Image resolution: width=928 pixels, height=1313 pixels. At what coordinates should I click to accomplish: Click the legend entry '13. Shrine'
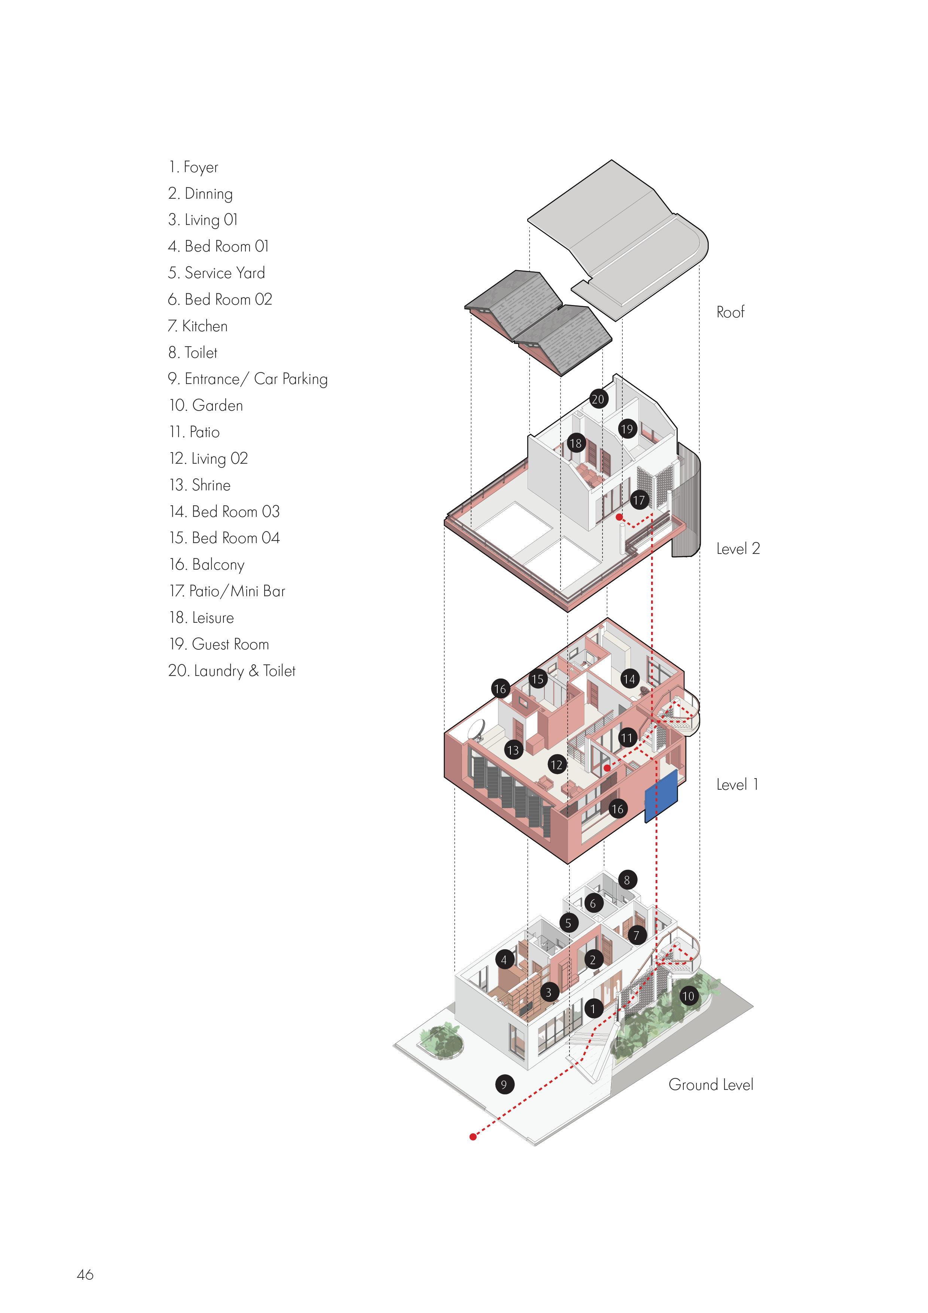pos(199,485)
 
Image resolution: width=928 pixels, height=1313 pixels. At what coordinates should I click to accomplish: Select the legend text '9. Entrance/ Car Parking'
pos(248,379)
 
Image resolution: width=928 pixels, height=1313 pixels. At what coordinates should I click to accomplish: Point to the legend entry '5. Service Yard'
pos(216,273)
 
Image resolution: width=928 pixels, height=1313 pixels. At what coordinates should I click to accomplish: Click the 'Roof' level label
pos(730,312)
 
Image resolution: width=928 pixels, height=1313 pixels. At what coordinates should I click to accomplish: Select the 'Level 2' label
pos(738,549)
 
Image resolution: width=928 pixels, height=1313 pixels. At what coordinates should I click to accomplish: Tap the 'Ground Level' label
pos(711,1085)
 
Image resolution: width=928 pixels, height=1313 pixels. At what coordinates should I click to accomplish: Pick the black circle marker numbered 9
pos(504,1084)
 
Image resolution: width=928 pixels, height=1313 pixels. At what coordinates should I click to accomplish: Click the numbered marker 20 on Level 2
pos(598,399)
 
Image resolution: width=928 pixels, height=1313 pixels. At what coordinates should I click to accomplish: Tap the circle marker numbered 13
pos(513,750)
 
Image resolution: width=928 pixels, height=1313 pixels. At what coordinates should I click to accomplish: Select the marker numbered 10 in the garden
pos(688,996)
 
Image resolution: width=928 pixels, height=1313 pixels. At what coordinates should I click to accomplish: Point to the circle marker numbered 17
pos(639,500)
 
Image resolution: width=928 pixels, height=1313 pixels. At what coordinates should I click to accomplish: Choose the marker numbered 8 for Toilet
pos(627,880)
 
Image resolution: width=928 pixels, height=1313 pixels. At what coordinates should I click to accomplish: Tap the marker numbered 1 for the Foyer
pos(593,1008)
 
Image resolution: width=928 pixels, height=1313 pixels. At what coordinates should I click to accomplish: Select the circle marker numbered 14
pos(629,679)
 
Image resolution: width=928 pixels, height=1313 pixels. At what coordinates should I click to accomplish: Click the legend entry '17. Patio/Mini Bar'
pos(227,591)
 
